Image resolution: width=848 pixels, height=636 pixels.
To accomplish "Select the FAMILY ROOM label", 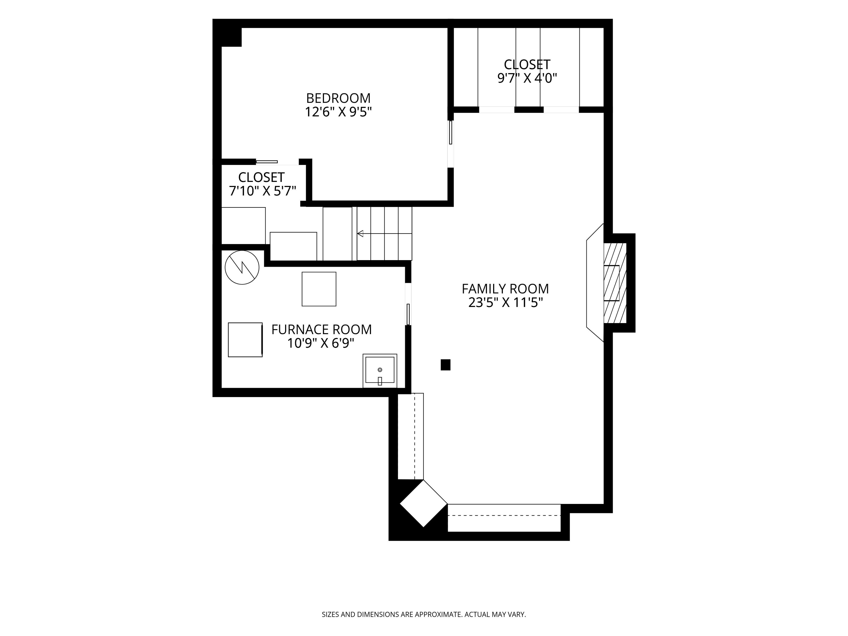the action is tap(505, 289).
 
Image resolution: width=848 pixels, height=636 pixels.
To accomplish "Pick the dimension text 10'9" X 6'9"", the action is tap(320, 343).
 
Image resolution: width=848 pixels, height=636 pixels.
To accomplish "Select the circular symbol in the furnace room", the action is tap(242, 268).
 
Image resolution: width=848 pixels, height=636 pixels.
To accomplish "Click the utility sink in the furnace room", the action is tap(380, 371).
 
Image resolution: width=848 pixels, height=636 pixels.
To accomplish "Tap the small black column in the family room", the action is tap(445, 365).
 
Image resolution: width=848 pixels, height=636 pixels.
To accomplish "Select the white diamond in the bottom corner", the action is tap(423, 503).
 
